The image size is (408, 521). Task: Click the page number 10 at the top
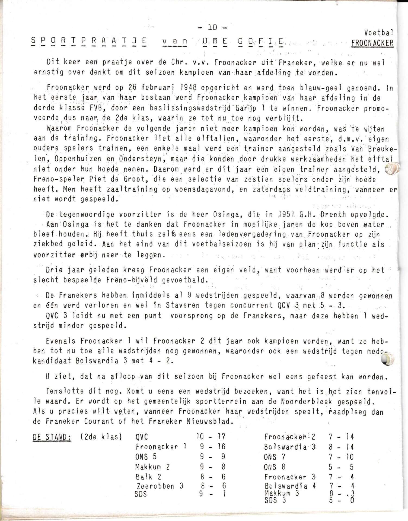213,27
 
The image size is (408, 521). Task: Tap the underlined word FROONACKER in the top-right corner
372,43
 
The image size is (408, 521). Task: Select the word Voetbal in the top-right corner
378,33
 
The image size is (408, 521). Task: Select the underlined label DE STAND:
52,437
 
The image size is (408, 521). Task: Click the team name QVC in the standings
142,437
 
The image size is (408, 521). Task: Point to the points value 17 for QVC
221,437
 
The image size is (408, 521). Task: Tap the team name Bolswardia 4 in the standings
290,486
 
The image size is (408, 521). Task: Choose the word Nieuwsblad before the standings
210,422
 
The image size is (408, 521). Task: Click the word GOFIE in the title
261,42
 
